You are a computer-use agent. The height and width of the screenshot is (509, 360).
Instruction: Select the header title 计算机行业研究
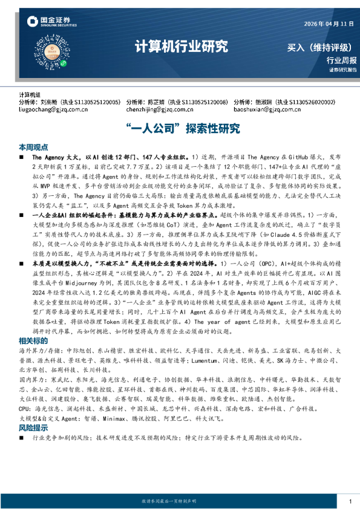click(x=180, y=46)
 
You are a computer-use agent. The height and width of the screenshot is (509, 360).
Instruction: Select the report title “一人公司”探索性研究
click(x=180, y=129)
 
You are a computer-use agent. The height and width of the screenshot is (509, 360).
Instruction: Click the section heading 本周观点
click(x=33, y=147)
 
